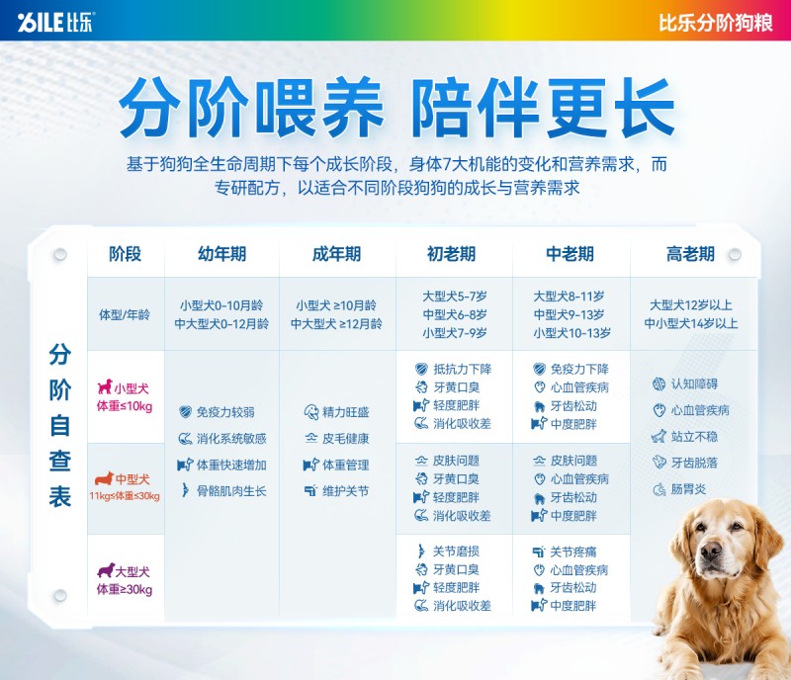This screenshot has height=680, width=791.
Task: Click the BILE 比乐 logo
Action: [55, 22]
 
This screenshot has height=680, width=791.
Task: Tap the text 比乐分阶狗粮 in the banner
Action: [715, 23]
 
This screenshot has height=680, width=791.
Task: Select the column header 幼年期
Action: [221, 254]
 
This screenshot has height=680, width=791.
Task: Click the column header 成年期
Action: [336, 254]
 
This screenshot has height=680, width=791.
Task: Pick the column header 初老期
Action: [452, 254]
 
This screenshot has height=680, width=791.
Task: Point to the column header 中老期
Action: [571, 254]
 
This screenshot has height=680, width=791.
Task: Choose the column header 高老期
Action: [690, 254]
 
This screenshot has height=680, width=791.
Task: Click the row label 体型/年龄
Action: [125, 314]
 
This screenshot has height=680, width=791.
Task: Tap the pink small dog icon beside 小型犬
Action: [105, 386]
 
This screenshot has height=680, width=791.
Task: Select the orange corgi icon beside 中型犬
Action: [105, 478]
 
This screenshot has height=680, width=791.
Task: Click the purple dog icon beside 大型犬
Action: [106, 570]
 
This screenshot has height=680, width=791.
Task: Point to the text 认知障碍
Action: [694, 383]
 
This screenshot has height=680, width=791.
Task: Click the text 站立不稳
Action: [694, 436]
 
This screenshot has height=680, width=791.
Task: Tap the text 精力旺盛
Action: [345, 412]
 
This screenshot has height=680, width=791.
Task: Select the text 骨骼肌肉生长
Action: [231, 491]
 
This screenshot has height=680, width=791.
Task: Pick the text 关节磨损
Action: [456, 552]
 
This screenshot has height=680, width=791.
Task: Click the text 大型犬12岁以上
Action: [690, 304]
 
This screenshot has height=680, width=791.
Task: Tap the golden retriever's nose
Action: [710, 552]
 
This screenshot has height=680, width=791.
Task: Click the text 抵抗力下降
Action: [462, 369]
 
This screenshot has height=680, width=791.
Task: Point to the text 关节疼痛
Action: [573, 552]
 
